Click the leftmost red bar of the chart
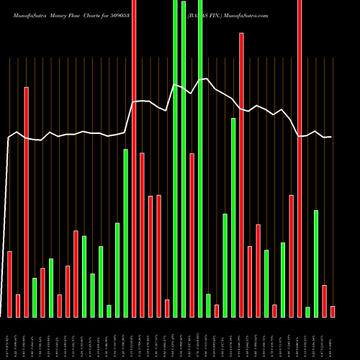click(9, 284)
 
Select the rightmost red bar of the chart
click(333, 311)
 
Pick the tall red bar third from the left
click(26, 202)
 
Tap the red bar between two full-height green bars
click(192, 235)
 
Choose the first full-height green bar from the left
click(175, 158)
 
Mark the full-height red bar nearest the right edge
click(300, 158)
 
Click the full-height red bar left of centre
click(134, 158)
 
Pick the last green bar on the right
click(316, 263)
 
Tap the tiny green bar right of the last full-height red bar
click(307, 311)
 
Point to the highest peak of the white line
click(207, 78)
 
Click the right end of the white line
click(331, 137)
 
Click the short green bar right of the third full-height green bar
click(209, 305)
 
